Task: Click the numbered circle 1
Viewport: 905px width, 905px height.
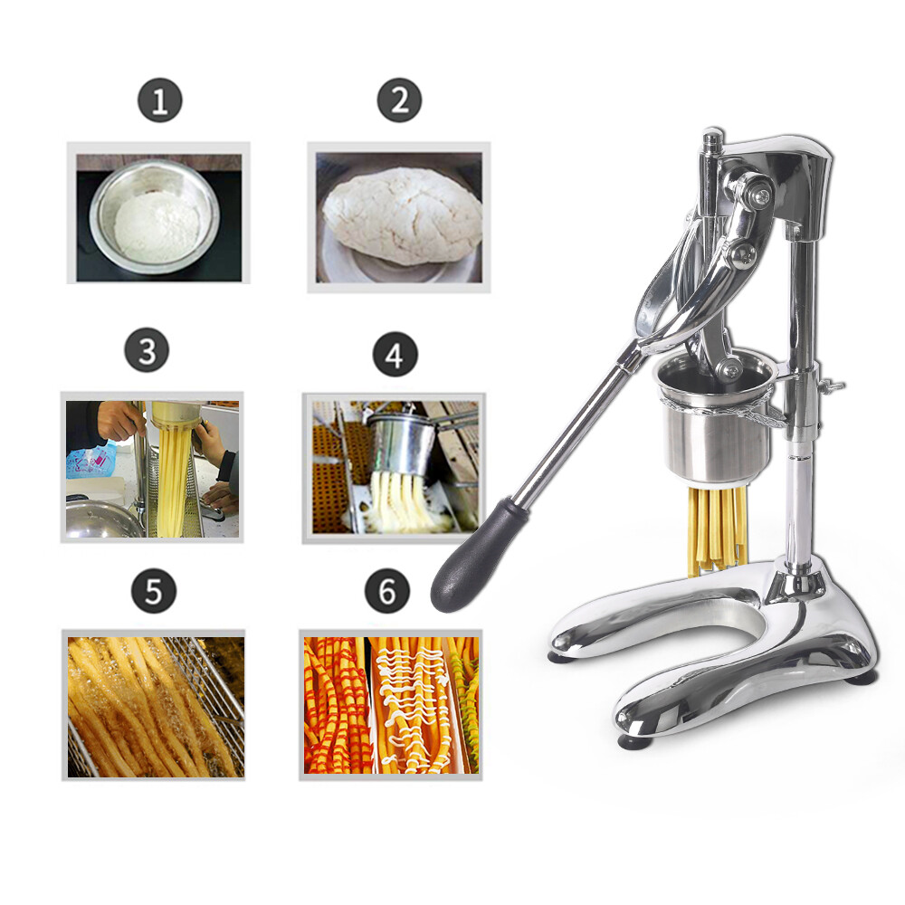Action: [x=160, y=101]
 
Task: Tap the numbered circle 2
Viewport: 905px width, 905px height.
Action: [x=400, y=100]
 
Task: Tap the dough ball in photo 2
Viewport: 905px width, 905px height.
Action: [x=401, y=217]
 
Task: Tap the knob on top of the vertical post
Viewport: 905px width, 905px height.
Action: [x=714, y=139]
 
